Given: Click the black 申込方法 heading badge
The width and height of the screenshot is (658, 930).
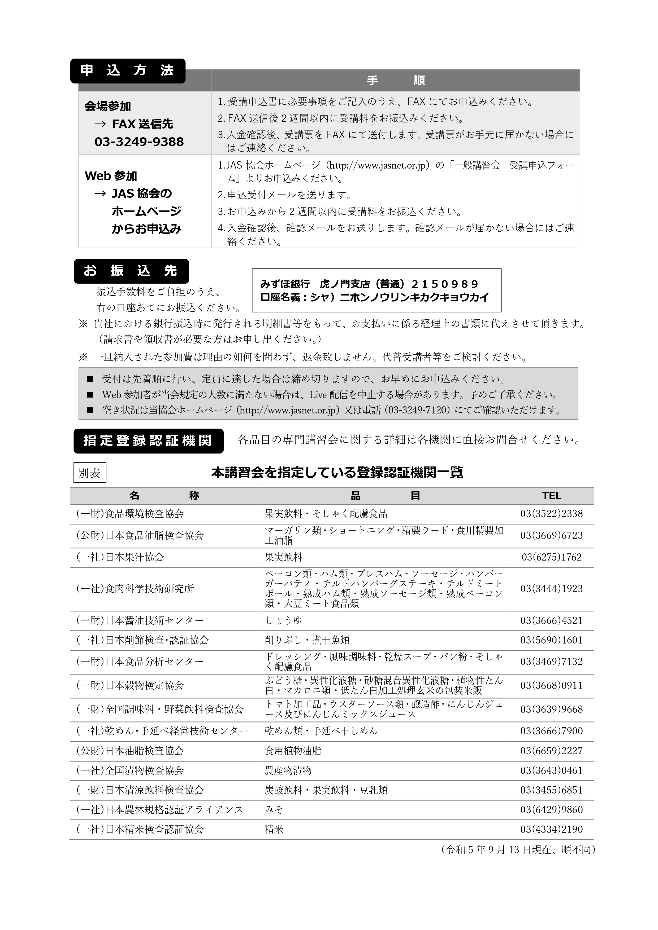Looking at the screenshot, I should [x=127, y=71].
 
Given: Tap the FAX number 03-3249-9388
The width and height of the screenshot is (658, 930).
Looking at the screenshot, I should [x=139, y=142].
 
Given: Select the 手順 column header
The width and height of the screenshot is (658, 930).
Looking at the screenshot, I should [x=395, y=81].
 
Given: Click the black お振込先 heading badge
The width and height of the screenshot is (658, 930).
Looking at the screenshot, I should [x=131, y=271].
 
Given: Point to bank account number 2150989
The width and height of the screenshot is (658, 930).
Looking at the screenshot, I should [x=445, y=284].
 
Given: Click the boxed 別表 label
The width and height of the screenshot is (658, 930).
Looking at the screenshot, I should [x=90, y=473].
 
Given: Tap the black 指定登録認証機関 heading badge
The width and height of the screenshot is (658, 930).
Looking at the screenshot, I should [x=148, y=441].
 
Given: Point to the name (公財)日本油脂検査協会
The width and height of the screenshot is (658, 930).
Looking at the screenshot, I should [x=130, y=751].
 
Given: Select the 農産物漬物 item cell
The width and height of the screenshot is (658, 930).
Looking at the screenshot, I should [x=288, y=770].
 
